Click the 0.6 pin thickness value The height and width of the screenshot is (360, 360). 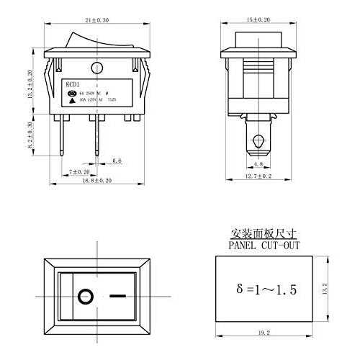pyautogui.click(x=117, y=161)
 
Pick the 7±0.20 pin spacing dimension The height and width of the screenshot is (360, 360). pyautogui.click(x=79, y=172)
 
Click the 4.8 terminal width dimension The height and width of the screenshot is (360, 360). pyautogui.click(x=258, y=164)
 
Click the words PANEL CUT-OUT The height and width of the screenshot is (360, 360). pyautogui.click(x=264, y=245)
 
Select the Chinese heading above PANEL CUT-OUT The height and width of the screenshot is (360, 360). pyautogui.click(x=264, y=234)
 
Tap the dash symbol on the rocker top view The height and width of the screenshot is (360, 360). pyautogui.click(x=117, y=296)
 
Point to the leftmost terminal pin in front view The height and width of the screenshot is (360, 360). pyautogui.click(x=63, y=141)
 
